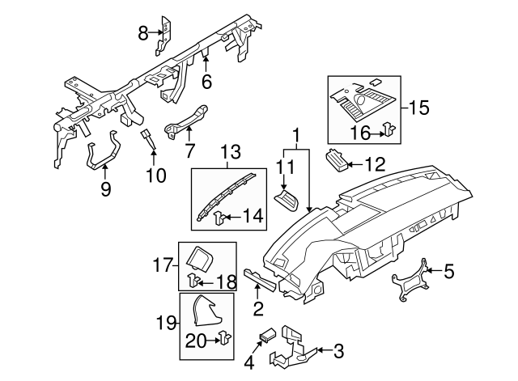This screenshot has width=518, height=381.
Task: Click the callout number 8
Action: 142,32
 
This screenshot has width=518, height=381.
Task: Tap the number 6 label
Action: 206,82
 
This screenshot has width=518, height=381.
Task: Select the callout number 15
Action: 419,108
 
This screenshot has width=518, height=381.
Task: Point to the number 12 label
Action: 375,163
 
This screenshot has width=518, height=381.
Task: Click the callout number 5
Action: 448,271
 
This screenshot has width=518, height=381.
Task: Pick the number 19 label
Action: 166,323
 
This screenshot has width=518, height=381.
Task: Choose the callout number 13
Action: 230,152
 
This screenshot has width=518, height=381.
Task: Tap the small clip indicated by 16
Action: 389,129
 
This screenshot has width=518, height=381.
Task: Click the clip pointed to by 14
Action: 219,218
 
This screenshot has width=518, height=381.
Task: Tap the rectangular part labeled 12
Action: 337,160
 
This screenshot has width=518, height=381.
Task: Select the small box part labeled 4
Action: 268,334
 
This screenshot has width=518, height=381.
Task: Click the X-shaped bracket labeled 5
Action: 410,279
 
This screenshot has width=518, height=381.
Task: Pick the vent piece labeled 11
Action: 287,200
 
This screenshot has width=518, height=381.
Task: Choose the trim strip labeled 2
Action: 260,280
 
